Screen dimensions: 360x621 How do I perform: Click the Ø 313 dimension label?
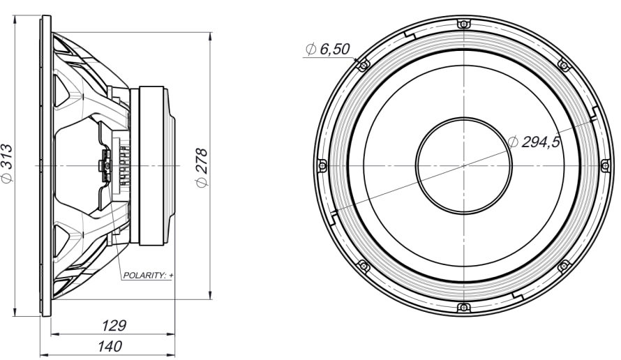pos(7,165)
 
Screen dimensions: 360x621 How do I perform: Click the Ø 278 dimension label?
pos(202,167)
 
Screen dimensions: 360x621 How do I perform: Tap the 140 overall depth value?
pos(110,346)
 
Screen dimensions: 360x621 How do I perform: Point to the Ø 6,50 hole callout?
pos(327,49)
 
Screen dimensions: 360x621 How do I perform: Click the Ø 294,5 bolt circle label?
pos(534,142)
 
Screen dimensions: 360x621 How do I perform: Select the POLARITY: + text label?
pos(148,276)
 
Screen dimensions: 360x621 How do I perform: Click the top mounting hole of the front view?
pos(463,24)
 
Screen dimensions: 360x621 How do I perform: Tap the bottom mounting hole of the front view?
pos(463,308)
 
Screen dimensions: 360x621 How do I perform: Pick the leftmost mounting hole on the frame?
pos(322,165)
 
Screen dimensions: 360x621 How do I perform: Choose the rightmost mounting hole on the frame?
pos(604,165)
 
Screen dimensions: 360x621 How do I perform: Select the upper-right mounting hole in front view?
pos(563,65)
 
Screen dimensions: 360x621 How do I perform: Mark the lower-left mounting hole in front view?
pos(362,267)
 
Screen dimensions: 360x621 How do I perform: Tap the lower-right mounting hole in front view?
pos(563,267)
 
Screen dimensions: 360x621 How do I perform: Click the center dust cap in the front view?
pos(463,165)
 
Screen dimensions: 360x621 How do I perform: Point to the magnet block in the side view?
pos(152,165)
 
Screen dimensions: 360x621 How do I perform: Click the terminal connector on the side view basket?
pos(104,166)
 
